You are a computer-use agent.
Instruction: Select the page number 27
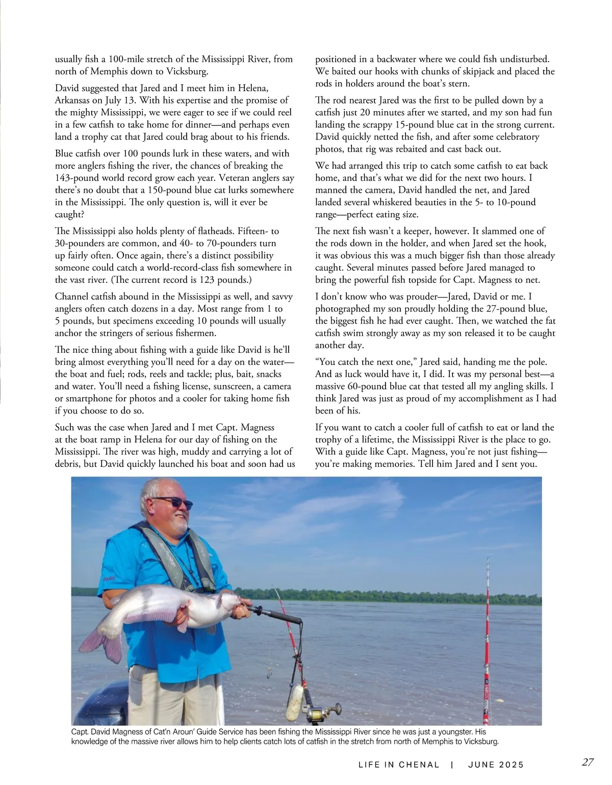point(588,763)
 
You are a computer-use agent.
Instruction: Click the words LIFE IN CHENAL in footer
point(398,765)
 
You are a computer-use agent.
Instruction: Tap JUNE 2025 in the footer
point(496,765)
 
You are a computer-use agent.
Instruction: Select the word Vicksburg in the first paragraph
point(185,71)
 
